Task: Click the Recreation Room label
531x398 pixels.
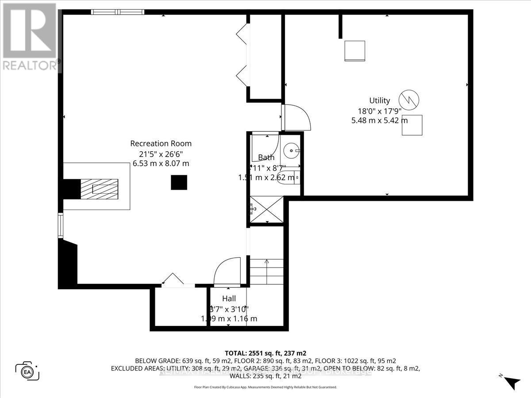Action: [x=161, y=143]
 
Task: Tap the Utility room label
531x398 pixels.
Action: [x=380, y=100]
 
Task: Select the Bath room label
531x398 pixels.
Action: [x=266, y=157]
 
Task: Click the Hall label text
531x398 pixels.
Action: [x=229, y=298]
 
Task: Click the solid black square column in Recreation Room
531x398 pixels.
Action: [x=179, y=182]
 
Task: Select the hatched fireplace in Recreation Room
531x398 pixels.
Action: [x=99, y=189]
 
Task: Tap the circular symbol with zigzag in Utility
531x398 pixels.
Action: [x=409, y=100]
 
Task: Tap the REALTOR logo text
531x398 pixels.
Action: [x=30, y=65]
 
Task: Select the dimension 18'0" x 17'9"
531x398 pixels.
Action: [x=379, y=111]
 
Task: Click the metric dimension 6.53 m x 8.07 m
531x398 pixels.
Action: [x=161, y=163]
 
